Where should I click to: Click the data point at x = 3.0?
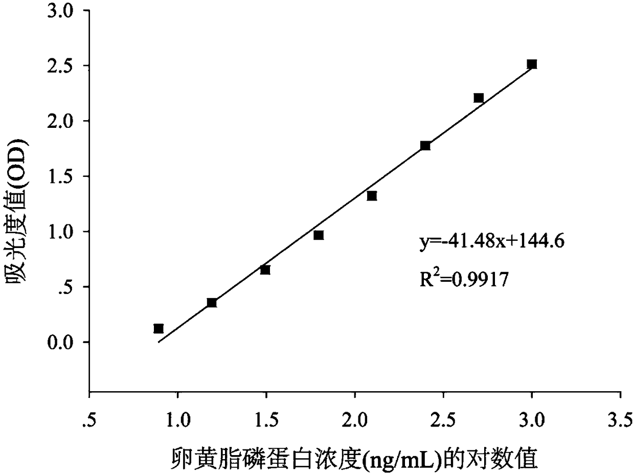click(x=532, y=64)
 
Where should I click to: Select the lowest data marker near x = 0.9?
click(x=158, y=328)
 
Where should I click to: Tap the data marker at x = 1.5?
click(x=265, y=269)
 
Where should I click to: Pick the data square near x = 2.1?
click(x=372, y=196)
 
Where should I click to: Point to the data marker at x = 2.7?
click(x=479, y=98)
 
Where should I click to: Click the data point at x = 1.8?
click(x=319, y=235)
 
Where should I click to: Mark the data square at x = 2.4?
click(x=425, y=146)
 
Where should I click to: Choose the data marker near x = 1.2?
click(x=212, y=303)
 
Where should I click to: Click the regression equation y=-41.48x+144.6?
click(x=491, y=242)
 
